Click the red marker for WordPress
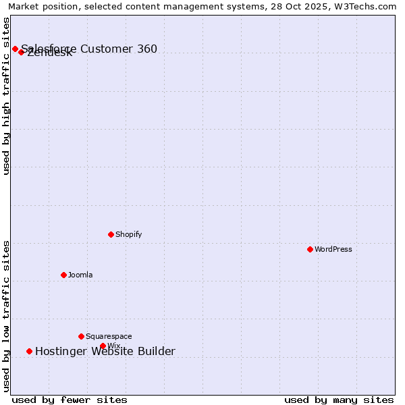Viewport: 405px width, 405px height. pyautogui.click(x=310, y=249)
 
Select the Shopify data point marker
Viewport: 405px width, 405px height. pyautogui.click(x=111, y=234)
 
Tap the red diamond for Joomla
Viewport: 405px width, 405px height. pyautogui.click(x=63, y=275)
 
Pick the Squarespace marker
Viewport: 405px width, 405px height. pyautogui.click(x=81, y=336)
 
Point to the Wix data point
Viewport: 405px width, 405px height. pyautogui.click(x=103, y=346)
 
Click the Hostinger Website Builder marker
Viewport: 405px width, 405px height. pyautogui.click(x=29, y=351)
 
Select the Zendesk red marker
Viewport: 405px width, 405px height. pyautogui.click(x=22, y=52)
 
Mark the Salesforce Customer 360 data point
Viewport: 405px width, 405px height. pyautogui.click(x=15, y=49)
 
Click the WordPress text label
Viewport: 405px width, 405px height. pyautogui.click(x=333, y=249)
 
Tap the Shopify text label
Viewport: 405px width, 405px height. pyautogui.click(x=128, y=234)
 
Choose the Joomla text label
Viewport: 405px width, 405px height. pyautogui.click(x=80, y=275)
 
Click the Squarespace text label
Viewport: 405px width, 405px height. pyautogui.click(x=109, y=336)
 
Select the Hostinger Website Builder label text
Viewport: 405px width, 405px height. pyautogui.click(x=105, y=351)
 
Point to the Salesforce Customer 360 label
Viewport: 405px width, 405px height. pyautogui.click(x=89, y=49)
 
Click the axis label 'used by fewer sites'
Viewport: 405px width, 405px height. pyautogui.click(x=70, y=400)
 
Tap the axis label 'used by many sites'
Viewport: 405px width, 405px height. pyautogui.click(x=339, y=400)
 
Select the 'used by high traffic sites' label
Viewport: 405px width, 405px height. pyautogui.click(x=6, y=96)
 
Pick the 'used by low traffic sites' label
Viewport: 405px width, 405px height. pyautogui.click(x=6, y=316)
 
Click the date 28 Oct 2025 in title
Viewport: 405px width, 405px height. pyautogui.click(x=281, y=7)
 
